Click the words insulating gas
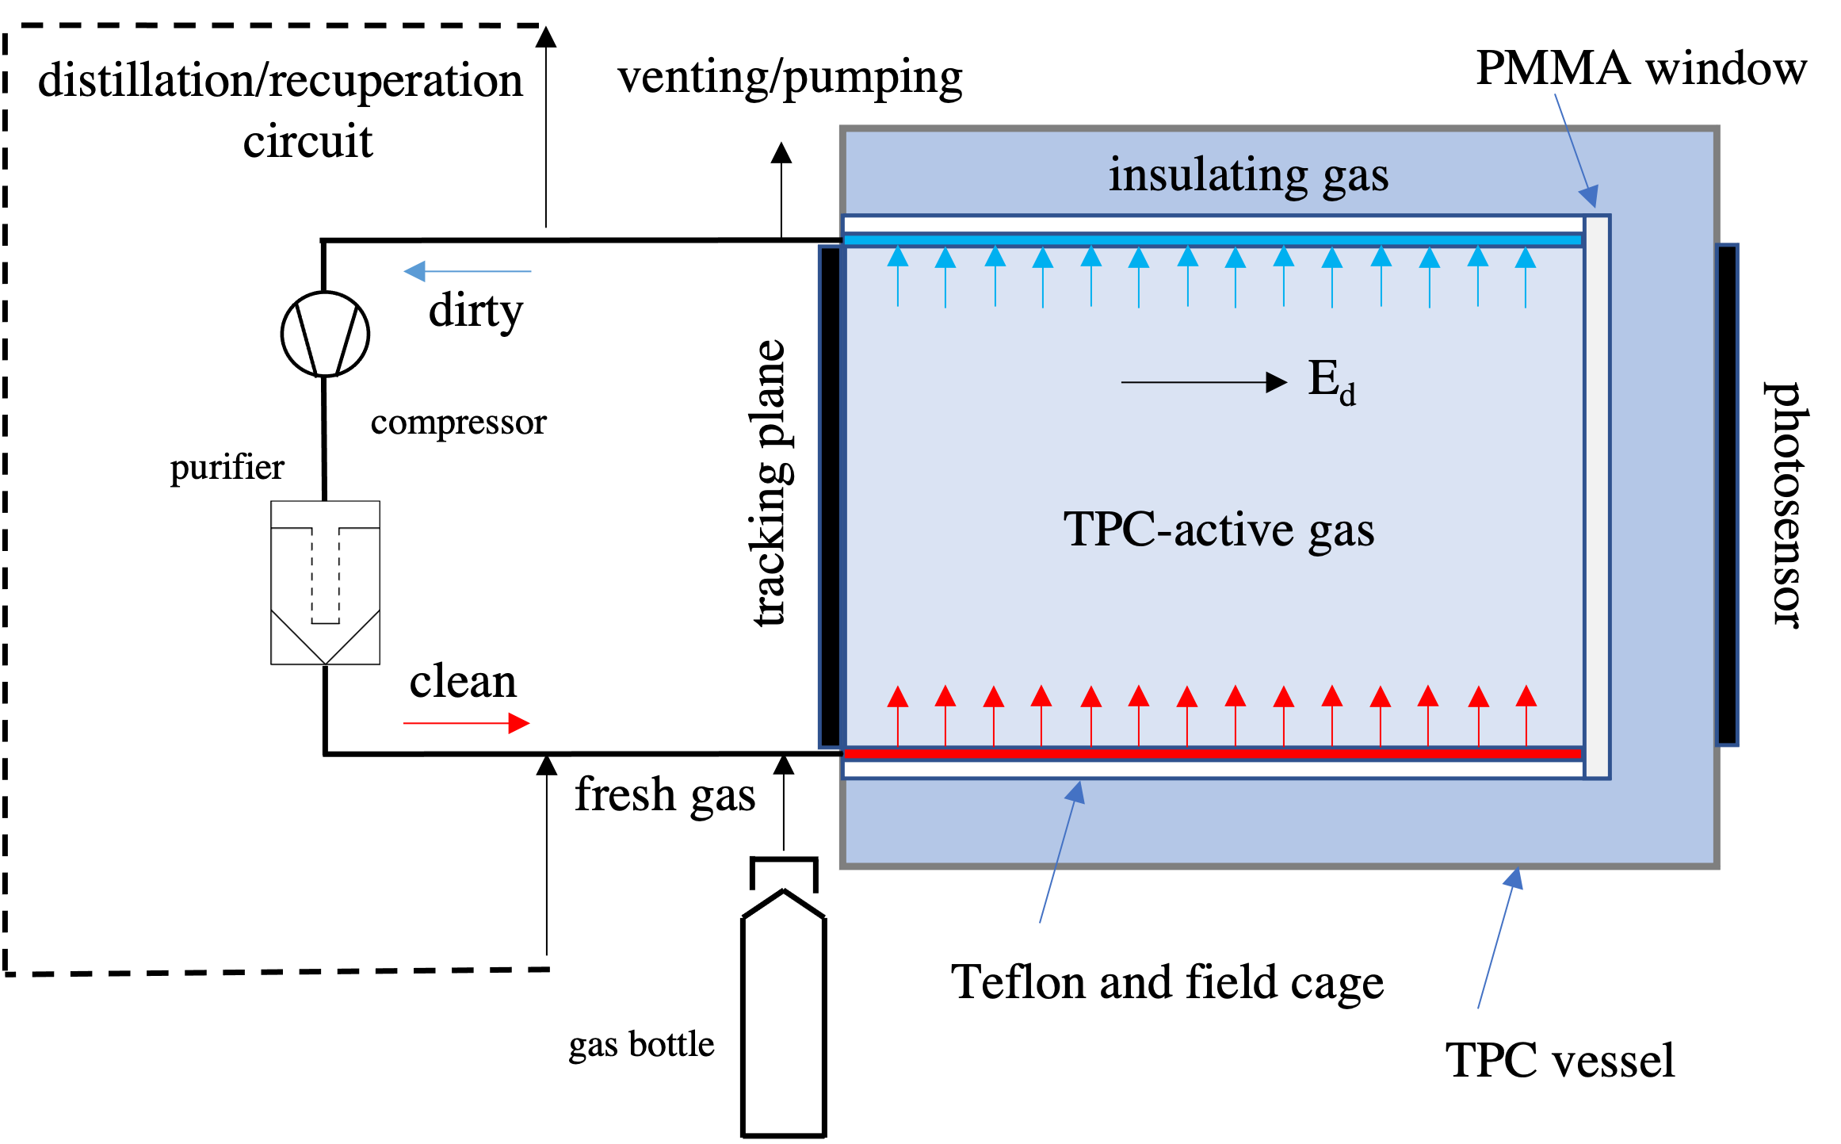click(1248, 175)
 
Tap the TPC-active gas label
click(1218, 530)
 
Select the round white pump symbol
click(325, 334)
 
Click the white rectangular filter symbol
click(325, 583)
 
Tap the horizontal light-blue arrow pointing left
click(467, 271)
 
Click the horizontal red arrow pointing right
click(467, 723)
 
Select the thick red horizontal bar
click(1213, 753)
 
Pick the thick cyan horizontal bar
click(1213, 239)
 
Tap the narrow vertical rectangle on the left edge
click(830, 497)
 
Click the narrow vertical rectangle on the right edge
click(1727, 495)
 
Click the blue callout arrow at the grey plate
click(1576, 150)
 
